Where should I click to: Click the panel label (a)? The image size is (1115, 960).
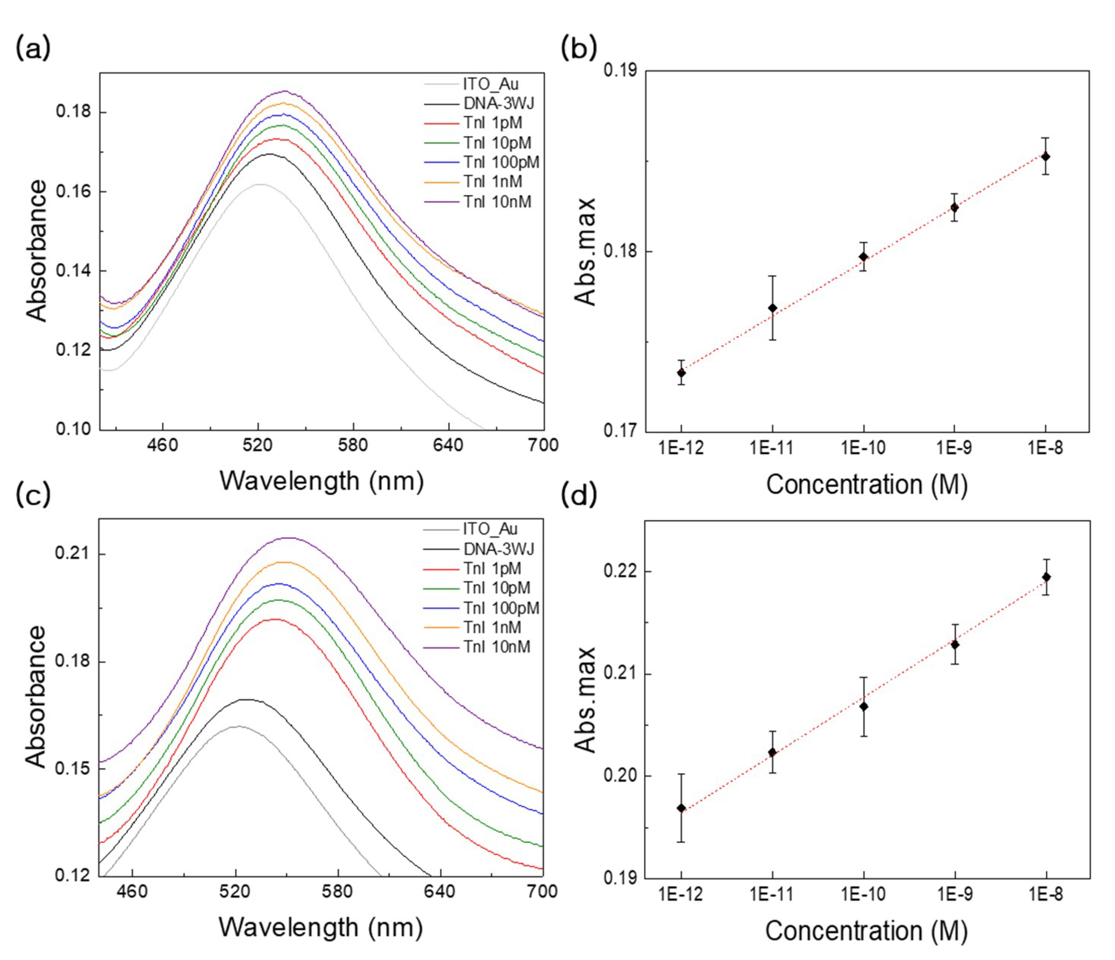pyautogui.click(x=33, y=48)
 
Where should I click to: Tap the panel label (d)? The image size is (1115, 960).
pyautogui.click(x=579, y=495)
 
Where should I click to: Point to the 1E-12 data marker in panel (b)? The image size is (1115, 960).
pyautogui.click(x=681, y=373)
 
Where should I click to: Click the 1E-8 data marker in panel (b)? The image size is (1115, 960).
pyautogui.click(x=1046, y=156)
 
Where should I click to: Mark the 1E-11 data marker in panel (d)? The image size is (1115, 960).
pyautogui.click(x=772, y=752)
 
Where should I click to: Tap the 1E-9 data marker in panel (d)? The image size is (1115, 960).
pyautogui.click(x=954, y=644)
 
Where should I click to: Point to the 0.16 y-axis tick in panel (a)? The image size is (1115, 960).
pyautogui.click(x=73, y=192)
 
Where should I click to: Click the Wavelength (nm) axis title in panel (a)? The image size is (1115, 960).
pyautogui.click(x=321, y=481)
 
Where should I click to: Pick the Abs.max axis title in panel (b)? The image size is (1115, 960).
pyautogui.click(x=585, y=251)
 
